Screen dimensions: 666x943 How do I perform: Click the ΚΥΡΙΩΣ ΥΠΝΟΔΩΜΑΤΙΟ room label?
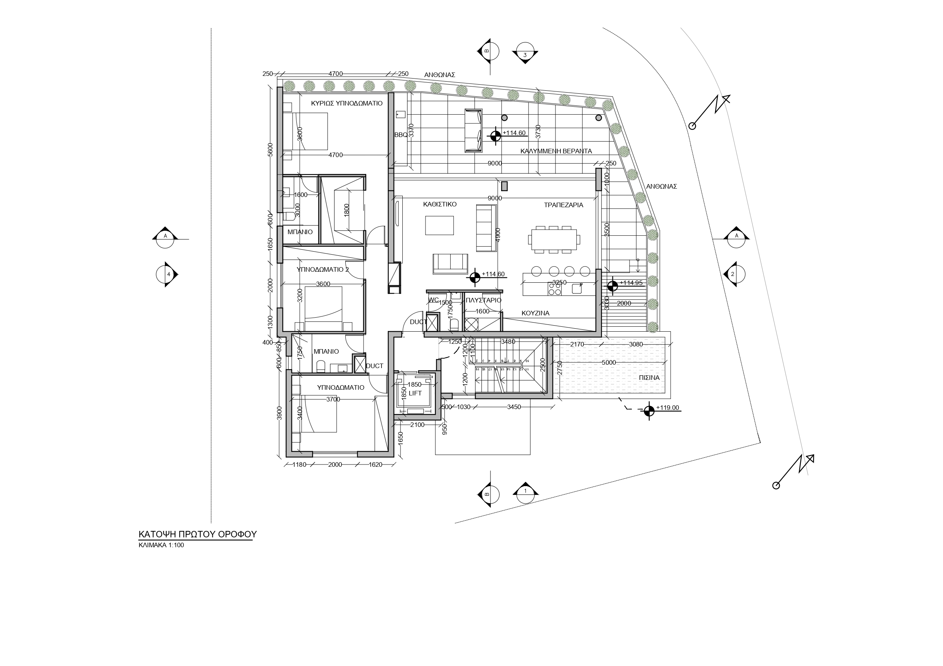coord(347,103)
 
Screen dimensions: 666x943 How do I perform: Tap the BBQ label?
coord(400,135)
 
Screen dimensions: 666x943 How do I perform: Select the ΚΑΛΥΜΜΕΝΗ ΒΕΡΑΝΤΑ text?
coord(556,151)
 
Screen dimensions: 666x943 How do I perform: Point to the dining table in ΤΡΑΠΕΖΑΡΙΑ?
coord(554,239)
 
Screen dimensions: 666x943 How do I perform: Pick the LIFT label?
coord(415,393)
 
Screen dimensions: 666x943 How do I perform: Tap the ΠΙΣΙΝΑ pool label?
coord(649,378)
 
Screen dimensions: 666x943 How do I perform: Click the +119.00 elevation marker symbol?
coord(649,411)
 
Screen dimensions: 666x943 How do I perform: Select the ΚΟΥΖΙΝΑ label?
coord(535,313)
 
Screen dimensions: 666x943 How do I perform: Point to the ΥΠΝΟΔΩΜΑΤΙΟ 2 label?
coord(323,269)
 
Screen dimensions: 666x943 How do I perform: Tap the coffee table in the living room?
coord(440,225)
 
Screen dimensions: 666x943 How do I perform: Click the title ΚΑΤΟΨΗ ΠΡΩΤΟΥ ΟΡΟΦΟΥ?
coord(197,534)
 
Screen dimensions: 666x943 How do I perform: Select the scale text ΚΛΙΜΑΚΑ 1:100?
coord(161,545)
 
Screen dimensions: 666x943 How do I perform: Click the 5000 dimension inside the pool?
coord(609,363)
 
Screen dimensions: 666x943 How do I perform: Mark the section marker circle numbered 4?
coord(166,274)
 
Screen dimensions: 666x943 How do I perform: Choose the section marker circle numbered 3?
coord(525,54)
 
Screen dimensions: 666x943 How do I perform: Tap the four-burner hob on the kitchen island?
coord(554,289)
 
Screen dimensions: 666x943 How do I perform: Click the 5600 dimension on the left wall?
coord(270,150)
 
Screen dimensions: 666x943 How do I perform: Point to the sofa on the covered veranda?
coord(473,131)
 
